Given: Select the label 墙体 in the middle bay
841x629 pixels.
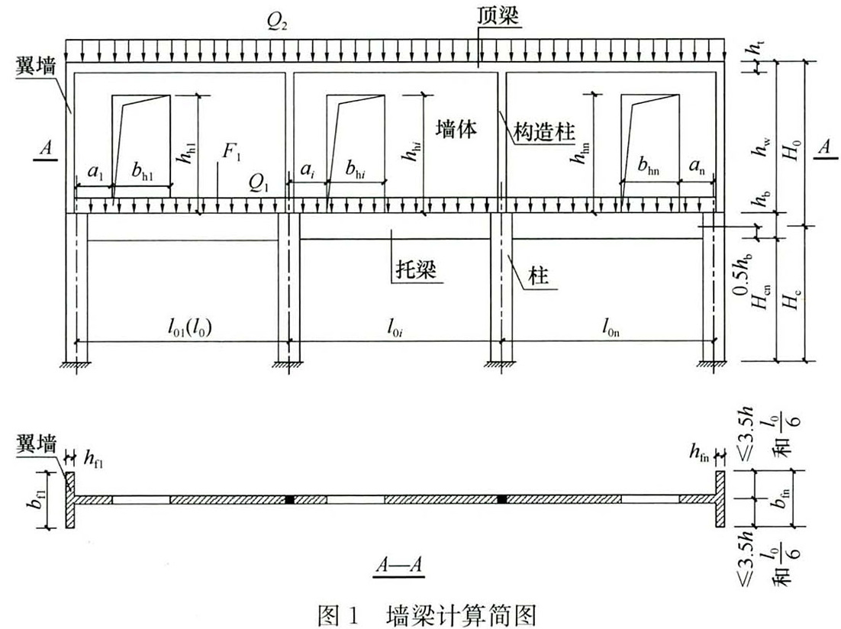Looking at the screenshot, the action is tap(456, 129).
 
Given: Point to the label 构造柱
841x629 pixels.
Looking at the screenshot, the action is tap(544, 131).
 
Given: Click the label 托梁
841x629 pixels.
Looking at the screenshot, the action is tap(416, 269).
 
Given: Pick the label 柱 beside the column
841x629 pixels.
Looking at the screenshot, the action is tap(538, 276).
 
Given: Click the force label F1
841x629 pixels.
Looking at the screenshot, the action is tap(232, 153).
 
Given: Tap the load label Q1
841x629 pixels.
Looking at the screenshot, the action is tap(259, 183).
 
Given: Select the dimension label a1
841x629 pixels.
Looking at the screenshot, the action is tap(95, 172).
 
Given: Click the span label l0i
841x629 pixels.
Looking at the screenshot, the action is tap(395, 326).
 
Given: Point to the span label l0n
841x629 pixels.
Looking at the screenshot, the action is tap(611, 326).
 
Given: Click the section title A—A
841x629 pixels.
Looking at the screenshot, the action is tap(399, 565).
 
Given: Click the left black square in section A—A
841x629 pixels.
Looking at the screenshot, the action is tap(290, 500).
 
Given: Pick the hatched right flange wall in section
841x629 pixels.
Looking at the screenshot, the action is tap(720, 500).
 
